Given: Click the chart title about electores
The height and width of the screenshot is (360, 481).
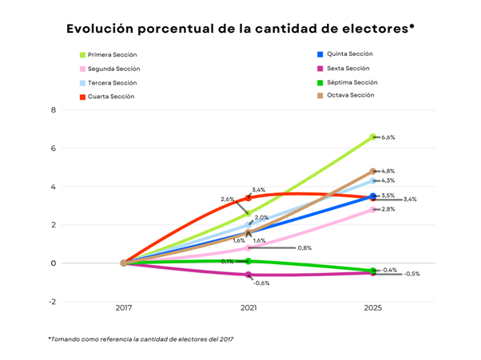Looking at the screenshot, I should (x=240, y=30).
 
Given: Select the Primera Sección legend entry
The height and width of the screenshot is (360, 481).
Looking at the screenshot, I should (x=113, y=55).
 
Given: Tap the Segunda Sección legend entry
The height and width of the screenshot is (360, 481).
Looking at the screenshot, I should (x=113, y=69).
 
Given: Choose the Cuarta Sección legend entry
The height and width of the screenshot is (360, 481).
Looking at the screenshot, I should (x=111, y=97).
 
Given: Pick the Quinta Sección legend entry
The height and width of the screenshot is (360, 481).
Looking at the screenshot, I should (x=350, y=53).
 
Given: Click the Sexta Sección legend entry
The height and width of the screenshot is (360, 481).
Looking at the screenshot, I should (x=348, y=68).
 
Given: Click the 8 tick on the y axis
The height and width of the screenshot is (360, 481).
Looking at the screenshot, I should (x=54, y=110).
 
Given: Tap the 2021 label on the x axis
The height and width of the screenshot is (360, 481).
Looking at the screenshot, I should (x=248, y=308).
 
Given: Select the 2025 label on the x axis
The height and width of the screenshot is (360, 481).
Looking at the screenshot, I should (x=372, y=308).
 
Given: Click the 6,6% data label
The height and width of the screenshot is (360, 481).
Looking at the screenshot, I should (x=389, y=137).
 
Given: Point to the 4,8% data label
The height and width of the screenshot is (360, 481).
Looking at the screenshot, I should (x=389, y=172).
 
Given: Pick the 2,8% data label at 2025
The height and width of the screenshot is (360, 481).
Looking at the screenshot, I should (x=389, y=209).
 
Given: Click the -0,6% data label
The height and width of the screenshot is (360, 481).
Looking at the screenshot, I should (x=261, y=283).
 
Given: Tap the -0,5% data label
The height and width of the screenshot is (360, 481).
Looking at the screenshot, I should (x=412, y=274).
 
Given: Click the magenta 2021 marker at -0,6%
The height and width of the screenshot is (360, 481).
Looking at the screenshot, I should (x=248, y=275).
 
